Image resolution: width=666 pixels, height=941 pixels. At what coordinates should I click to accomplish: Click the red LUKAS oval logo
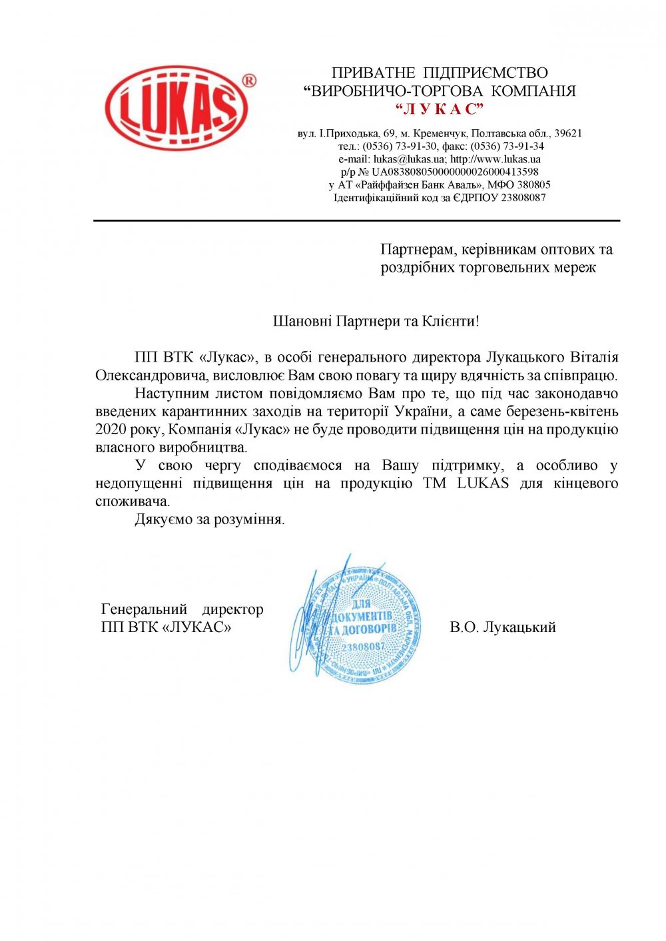[x=176, y=108]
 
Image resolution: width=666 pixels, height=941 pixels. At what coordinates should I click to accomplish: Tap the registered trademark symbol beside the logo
[x=248, y=81]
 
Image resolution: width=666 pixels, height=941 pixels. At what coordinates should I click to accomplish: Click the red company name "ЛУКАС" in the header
[x=439, y=109]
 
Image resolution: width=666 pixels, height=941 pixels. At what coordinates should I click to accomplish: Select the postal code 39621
[x=568, y=134]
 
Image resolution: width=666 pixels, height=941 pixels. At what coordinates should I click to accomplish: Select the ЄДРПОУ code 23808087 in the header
[x=523, y=198]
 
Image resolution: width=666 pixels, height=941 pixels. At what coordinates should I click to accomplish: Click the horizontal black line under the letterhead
[x=356, y=220]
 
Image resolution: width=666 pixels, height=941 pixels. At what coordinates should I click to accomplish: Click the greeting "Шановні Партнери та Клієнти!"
[x=376, y=321]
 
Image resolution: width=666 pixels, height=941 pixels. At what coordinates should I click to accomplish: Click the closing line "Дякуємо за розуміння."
[x=210, y=519]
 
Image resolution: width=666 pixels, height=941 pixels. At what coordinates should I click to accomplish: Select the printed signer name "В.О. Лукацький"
[x=503, y=627]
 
